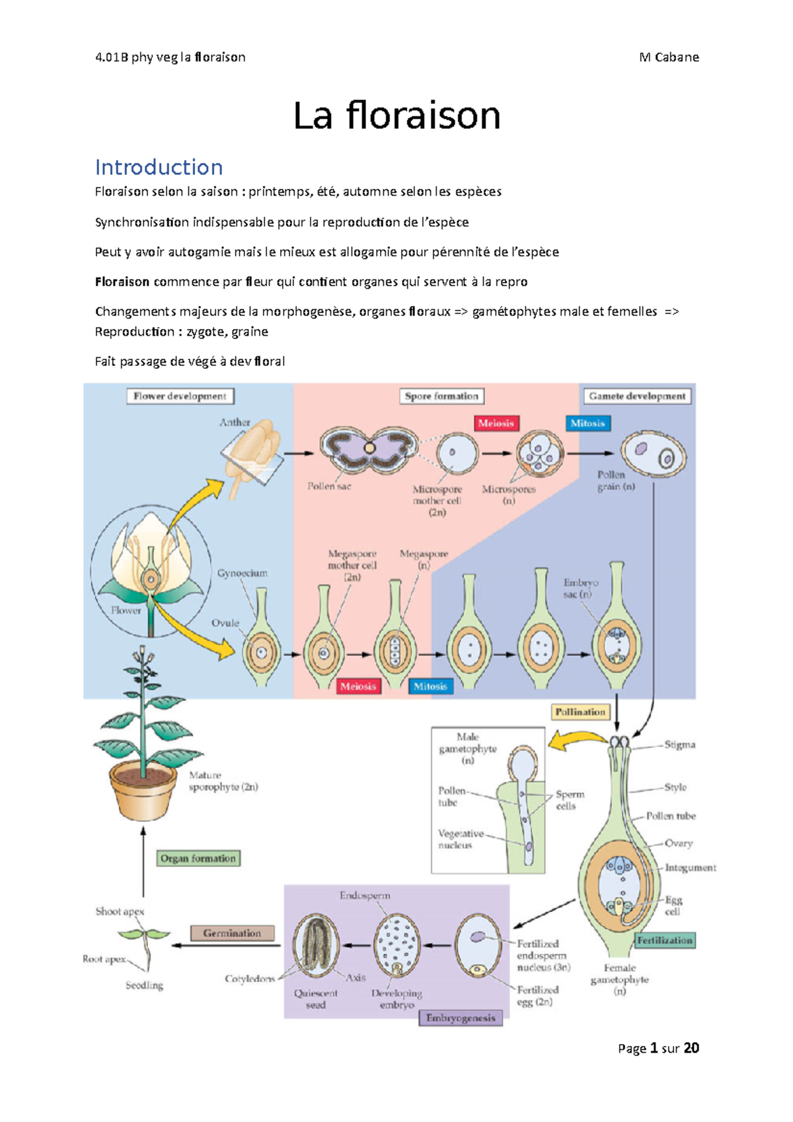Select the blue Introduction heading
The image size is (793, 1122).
click(x=159, y=167)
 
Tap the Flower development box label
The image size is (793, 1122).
click(x=180, y=396)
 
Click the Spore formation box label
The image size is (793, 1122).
click(x=441, y=396)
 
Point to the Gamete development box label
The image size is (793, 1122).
click(x=637, y=396)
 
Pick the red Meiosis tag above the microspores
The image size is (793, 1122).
click(x=496, y=423)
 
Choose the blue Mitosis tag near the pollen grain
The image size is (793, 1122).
click(x=587, y=423)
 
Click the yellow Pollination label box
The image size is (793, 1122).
click(x=580, y=712)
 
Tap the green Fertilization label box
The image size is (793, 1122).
click(x=665, y=940)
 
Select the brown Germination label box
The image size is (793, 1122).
click(x=232, y=933)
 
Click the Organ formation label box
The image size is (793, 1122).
click(x=198, y=858)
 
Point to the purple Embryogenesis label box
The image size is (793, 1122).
click(x=461, y=1018)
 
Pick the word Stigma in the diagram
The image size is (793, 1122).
click(x=679, y=745)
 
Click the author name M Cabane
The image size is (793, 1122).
click(x=669, y=57)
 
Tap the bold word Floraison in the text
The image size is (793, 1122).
click(x=122, y=281)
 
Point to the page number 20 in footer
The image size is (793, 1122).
click(x=691, y=1048)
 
